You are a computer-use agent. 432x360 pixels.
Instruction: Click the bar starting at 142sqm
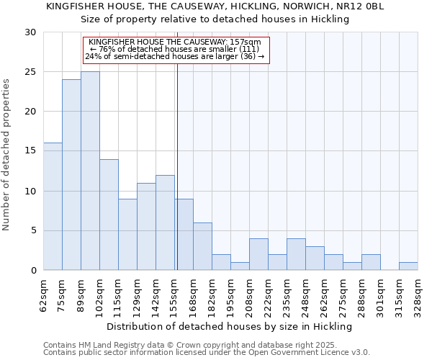165,222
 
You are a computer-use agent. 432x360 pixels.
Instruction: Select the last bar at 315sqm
408,266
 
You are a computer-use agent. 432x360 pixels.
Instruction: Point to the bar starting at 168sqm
202,246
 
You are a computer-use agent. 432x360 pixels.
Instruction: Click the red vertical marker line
176,180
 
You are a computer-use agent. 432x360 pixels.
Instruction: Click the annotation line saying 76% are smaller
176,49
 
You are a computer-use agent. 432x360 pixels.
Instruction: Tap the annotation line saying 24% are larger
176,56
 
